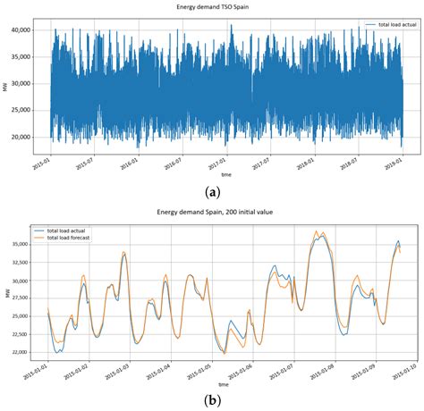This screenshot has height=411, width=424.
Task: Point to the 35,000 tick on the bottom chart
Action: [x=20, y=243]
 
